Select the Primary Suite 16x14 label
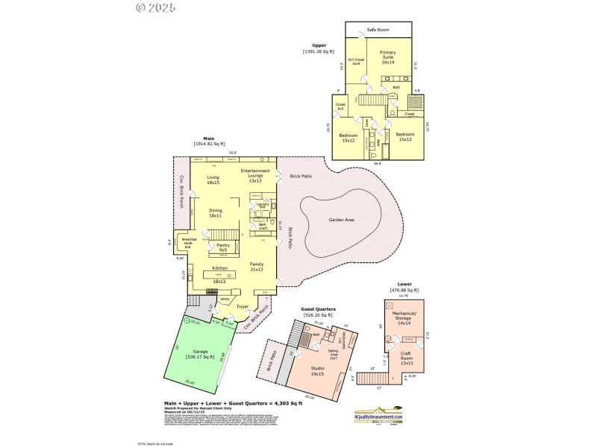[x=387, y=57]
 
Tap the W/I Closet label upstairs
[x=356, y=62]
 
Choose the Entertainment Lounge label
[x=255, y=175]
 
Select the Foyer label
[x=243, y=306]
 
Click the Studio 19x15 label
[x=317, y=372]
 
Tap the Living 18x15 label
[x=213, y=180]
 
